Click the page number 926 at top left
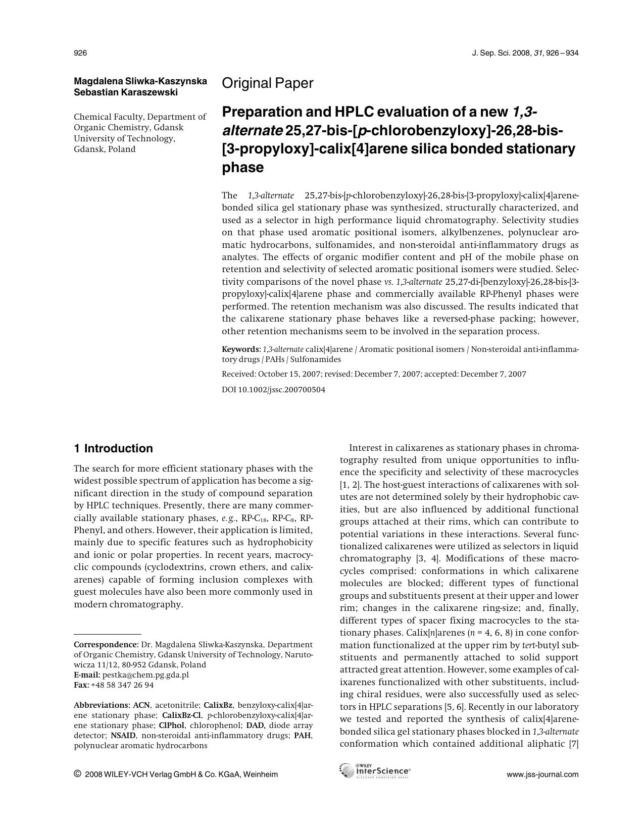pos(80,53)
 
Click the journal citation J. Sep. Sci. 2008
pos(501,53)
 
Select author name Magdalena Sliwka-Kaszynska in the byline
pos(140,81)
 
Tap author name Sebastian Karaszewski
pos(126,92)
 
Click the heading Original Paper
pos(267,83)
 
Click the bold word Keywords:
pos(241,349)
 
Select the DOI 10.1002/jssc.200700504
pos(274,390)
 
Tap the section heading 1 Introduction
pos(113,448)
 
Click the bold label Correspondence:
pos(106,645)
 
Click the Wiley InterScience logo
pos(375,771)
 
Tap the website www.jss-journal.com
pos(542,774)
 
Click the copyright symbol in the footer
pos(77,774)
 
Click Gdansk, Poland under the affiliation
pos(105,149)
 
